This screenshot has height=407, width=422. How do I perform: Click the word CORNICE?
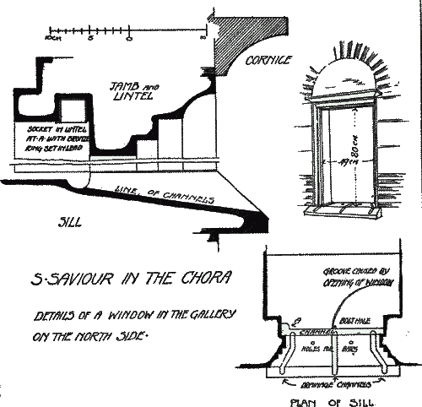[268, 61]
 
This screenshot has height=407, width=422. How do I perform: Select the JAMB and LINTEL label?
[131, 91]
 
